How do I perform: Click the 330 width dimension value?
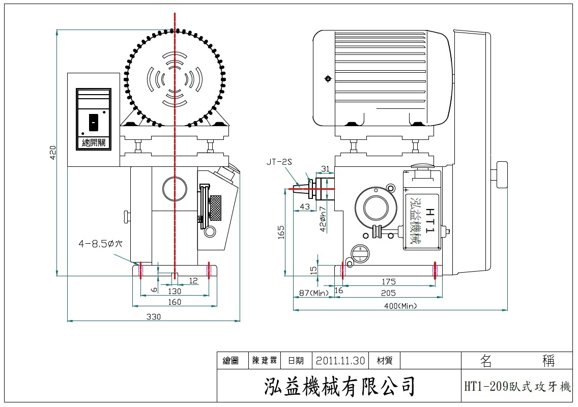154,316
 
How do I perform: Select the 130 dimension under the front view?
175,291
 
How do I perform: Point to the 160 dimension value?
175,302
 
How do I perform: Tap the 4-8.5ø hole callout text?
100,244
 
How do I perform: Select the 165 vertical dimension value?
281,231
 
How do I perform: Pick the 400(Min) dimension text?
400,305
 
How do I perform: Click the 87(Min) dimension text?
313,293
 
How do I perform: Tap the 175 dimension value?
388,281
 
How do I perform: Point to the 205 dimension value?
388,293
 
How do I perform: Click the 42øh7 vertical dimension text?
323,219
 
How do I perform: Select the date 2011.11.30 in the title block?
340,361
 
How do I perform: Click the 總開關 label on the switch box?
93,142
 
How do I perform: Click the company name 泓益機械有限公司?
340,386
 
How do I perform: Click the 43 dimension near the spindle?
304,207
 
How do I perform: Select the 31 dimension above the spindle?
326,169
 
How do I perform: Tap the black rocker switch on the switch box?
93,122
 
